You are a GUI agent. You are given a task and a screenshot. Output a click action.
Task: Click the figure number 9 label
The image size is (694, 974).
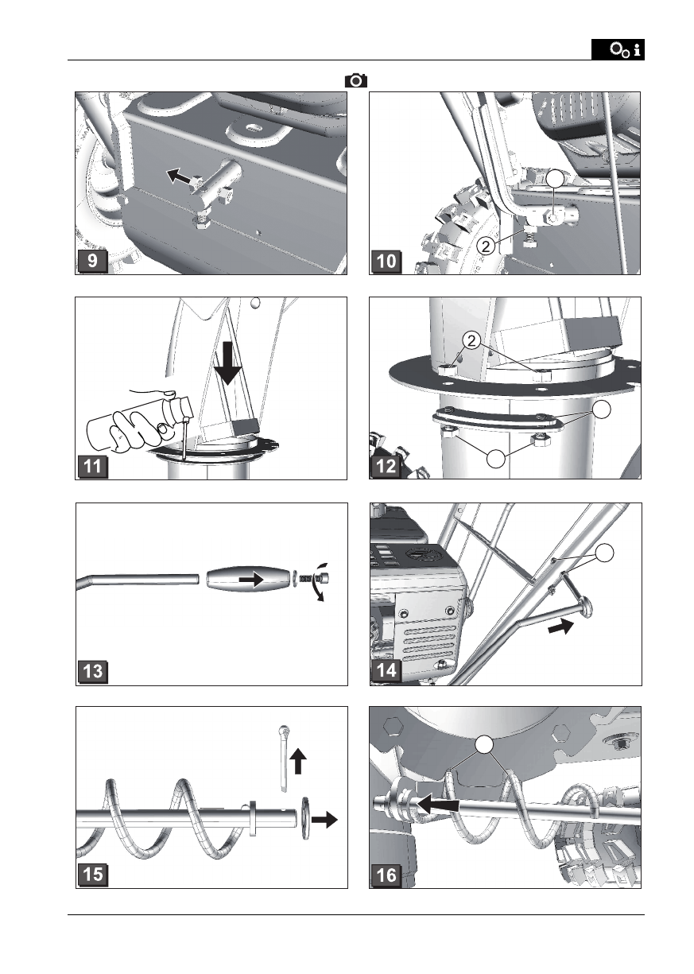pyautogui.click(x=92, y=261)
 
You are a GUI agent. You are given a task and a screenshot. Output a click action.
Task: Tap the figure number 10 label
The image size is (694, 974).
pyautogui.click(x=386, y=261)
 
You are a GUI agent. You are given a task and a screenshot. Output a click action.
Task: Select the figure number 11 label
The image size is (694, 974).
pyautogui.click(x=92, y=467)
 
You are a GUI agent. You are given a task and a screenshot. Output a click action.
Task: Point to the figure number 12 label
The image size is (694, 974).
pyautogui.click(x=386, y=467)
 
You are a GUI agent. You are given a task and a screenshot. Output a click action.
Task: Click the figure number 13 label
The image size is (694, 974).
pyautogui.click(x=93, y=671)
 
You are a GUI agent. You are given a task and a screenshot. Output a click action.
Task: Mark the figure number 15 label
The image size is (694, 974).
pyautogui.click(x=93, y=874)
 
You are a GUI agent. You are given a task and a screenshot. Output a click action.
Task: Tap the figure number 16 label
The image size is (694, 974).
pyautogui.click(x=386, y=875)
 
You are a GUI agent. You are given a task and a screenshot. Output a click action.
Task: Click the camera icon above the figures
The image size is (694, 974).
pyautogui.click(x=355, y=81)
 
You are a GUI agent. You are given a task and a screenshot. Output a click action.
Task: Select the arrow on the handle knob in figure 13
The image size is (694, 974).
pyautogui.click(x=250, y=579)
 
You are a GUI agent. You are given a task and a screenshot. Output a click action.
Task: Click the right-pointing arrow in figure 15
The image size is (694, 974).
pyautogui.click(x=324, y=819)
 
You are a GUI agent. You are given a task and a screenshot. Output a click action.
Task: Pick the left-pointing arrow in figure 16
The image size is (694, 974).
pyautogui.click(x=438, y=805)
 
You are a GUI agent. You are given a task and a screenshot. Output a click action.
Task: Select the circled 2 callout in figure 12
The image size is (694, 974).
pyautogui.click(x=471, y=341)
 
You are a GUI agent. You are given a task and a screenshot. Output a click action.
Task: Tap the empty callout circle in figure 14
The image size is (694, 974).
pyautogui.click(x=604, y=553)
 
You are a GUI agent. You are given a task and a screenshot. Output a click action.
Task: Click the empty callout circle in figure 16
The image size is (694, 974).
pyautogui.click(x=484, y=744)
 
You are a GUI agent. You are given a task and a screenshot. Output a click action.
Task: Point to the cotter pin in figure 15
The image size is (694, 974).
pyautogui.click(x=283, y=758)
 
